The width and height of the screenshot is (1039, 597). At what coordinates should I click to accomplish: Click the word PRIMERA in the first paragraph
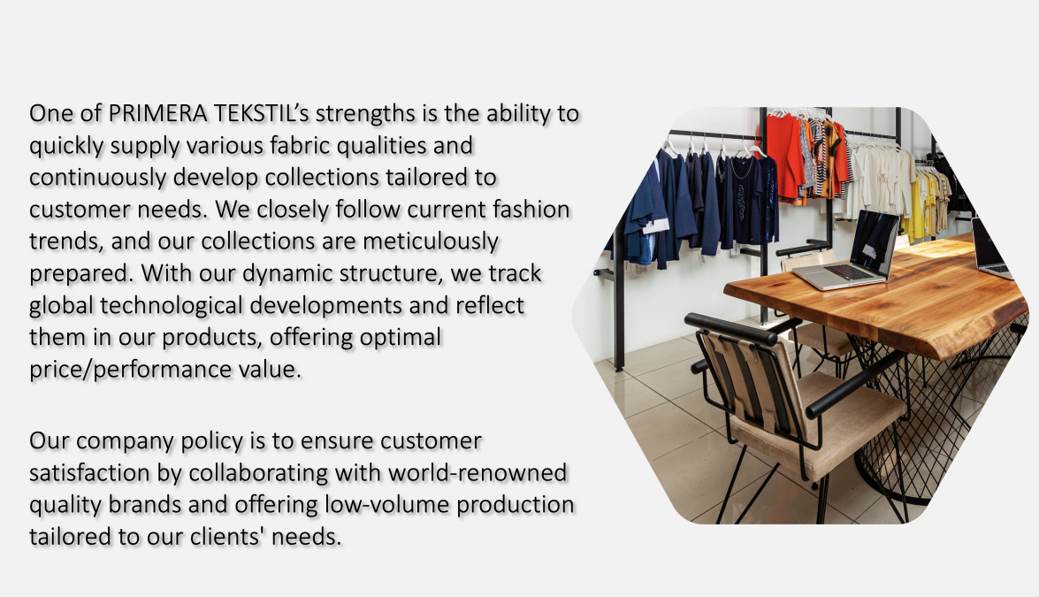157,113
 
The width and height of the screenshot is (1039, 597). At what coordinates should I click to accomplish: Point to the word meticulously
430,241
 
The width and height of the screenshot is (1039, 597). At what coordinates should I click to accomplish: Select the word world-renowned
477,472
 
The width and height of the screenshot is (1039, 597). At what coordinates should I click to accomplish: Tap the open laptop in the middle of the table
848,252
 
